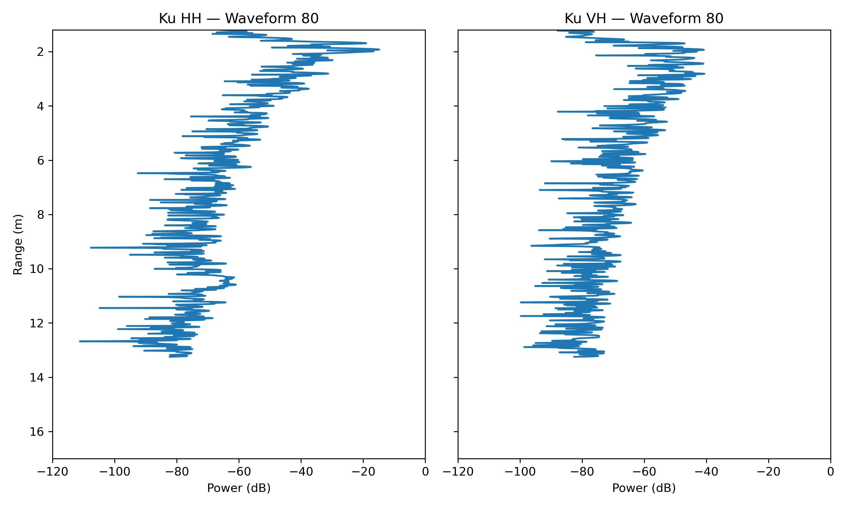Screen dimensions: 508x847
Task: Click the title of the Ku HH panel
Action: (239, 18)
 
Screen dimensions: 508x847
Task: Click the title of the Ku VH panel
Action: (644, 18)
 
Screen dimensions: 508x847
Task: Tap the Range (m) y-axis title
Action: (18, 244)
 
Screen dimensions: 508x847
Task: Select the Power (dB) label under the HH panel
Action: (239, 488)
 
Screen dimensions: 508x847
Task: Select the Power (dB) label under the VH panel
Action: (644, 488)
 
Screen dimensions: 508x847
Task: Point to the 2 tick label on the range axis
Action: (41, 52)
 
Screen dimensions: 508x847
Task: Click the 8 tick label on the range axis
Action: (41, 215)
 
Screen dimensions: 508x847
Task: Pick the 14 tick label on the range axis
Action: (37, 378)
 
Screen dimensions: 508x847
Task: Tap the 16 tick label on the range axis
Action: (37, 432)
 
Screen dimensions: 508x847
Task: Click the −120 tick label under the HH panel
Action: (53, 472)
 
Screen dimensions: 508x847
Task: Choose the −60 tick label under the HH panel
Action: (239, 472)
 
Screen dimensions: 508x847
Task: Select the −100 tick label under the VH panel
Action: (520, 472)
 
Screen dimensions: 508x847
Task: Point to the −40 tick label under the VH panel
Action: (706, 472)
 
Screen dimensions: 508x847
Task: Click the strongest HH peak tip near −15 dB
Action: (379, 50)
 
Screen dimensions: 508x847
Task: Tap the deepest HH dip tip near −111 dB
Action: (80, 341)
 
